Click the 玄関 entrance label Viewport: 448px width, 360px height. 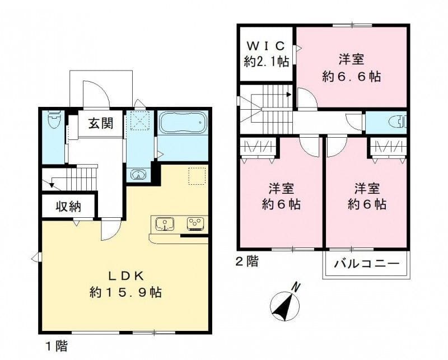pos(101,123)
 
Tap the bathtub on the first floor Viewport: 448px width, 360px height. pos(183,123)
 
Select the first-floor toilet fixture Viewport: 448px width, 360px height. pos(54,119)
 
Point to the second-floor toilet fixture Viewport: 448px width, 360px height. pos(398,122)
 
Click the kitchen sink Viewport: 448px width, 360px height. pos(165,224)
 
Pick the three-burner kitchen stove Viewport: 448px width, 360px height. pos(195,223)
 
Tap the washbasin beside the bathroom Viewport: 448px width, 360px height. pos(138,174)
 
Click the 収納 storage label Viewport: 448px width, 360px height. pos(68,206)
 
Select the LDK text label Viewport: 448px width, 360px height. pos(125,276)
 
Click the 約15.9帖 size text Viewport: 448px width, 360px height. pos(125,293)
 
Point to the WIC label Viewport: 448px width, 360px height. pos(266,46)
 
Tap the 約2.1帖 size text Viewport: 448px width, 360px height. pos(267,62)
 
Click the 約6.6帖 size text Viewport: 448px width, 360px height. pos(352,77)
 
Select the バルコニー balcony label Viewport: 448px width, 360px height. pos(367,263)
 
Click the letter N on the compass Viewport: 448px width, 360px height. pos(297,287)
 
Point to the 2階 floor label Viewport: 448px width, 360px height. pos(246,261)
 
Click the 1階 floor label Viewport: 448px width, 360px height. pos(57,347)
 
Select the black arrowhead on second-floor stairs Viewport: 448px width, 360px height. pos(289,94)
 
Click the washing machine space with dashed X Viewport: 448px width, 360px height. pos(138,120)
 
